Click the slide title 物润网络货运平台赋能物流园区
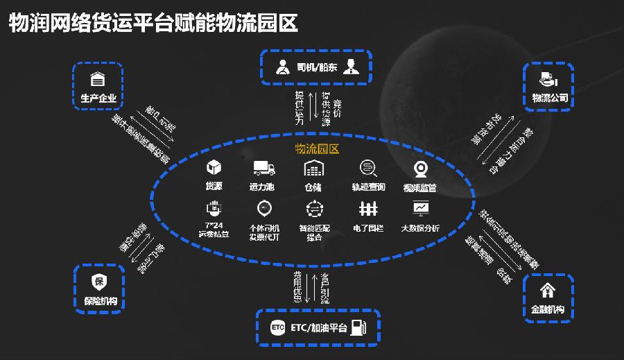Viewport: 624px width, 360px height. (x=153, y=23)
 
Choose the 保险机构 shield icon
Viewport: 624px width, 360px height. (x=98, y=282)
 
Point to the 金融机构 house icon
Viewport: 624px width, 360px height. (x=548, y=289)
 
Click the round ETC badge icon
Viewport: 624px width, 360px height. (x=277, y=327)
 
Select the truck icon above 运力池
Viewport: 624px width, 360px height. (x=263, y=168)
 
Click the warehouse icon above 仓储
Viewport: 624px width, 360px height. (x=314, y=168)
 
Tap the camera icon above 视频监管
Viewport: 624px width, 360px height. (x=419, y=169)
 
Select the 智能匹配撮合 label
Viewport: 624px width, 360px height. (x=314, y=232)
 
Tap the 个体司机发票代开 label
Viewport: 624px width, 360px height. (x=263, y=232)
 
